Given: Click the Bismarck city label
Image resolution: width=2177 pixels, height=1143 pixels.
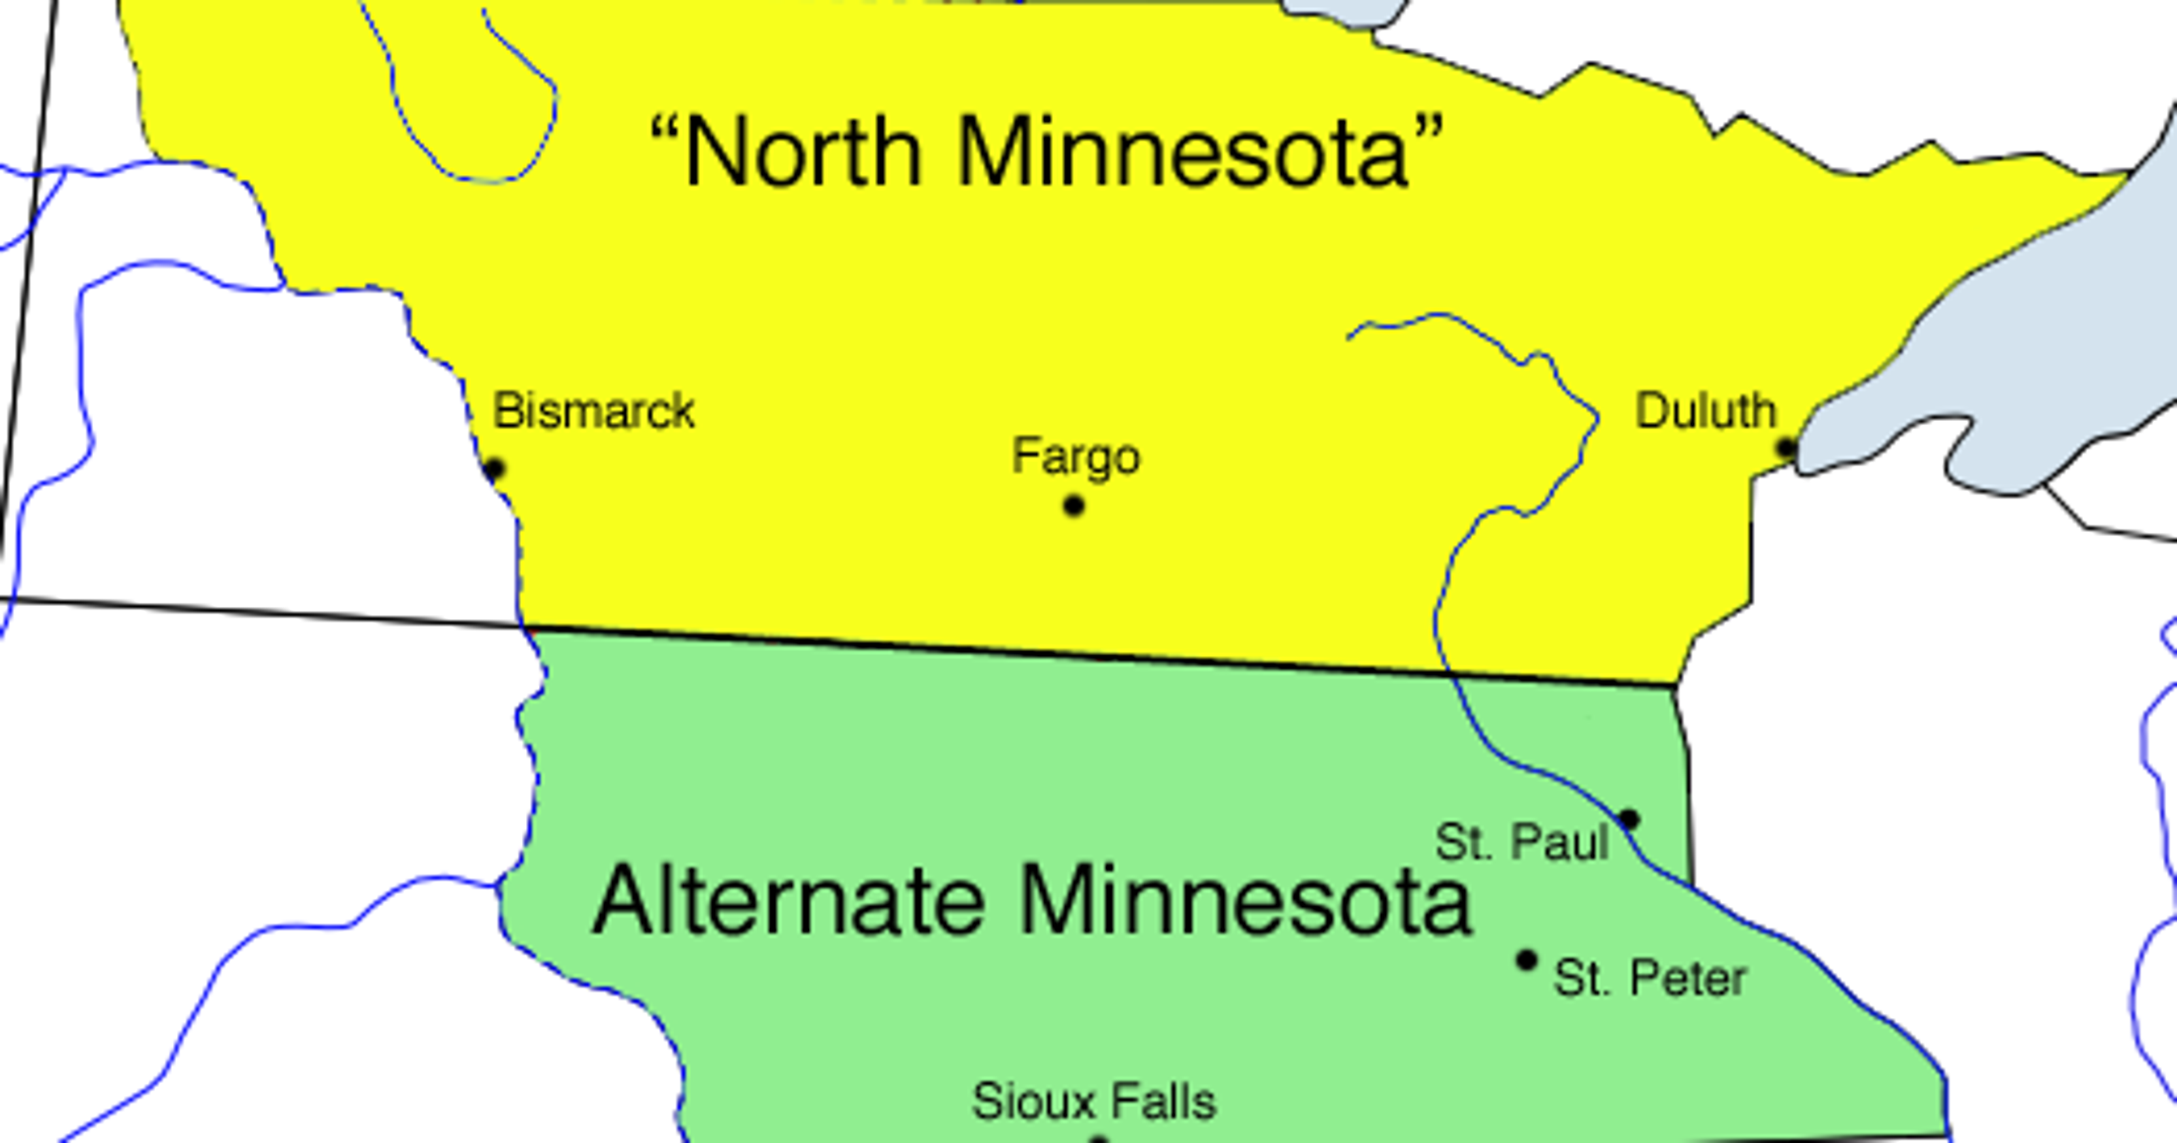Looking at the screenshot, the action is [593, 412].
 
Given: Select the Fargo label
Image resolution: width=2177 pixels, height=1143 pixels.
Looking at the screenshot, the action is [1076, 457].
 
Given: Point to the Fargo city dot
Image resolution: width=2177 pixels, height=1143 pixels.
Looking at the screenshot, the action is [1074, 506].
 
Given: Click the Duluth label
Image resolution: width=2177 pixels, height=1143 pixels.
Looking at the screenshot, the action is [1706, 412].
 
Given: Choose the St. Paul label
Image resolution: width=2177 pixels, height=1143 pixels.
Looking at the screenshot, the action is [1521, 842].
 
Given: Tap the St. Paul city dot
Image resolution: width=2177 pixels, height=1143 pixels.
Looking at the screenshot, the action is [1629, 819].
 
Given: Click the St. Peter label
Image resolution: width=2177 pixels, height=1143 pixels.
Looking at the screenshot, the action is [1650, 979].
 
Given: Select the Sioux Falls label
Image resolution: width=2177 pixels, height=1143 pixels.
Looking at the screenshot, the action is [1093, 1101].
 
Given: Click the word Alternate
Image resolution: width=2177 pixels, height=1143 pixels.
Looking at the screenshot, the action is [788, 899].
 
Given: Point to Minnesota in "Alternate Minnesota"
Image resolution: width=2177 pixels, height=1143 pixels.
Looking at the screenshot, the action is [1246, 899].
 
